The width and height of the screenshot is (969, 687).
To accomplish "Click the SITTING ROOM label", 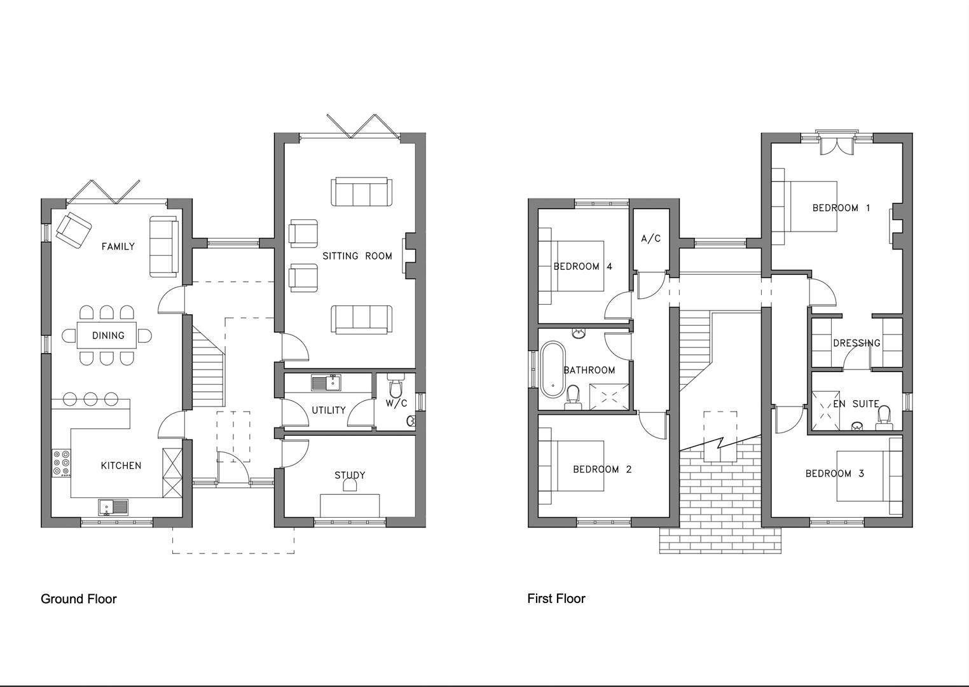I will tap(357, 256).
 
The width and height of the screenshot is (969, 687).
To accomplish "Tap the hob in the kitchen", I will tap(62, 463).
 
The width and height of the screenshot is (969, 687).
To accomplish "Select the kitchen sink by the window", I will tap(113, 507).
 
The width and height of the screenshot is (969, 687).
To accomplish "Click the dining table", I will tap(107, 335).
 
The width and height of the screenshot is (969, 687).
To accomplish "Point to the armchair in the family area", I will tap(73, 229).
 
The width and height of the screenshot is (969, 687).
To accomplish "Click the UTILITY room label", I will tap(328, 410).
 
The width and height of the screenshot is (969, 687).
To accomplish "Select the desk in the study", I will tap(349, 506).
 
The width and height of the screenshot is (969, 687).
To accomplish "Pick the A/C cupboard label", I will tap(650, 239).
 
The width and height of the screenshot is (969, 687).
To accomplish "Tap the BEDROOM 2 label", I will tap(601, 469).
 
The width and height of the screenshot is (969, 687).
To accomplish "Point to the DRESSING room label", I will tap(856, 343).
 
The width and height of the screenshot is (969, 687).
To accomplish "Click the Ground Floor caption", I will tap(78, 599).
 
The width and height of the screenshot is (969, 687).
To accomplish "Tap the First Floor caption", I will tap(556, 598).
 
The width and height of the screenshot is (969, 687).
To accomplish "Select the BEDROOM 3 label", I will tap(834, 473).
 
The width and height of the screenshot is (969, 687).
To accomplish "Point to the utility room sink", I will tap(326, 382).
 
